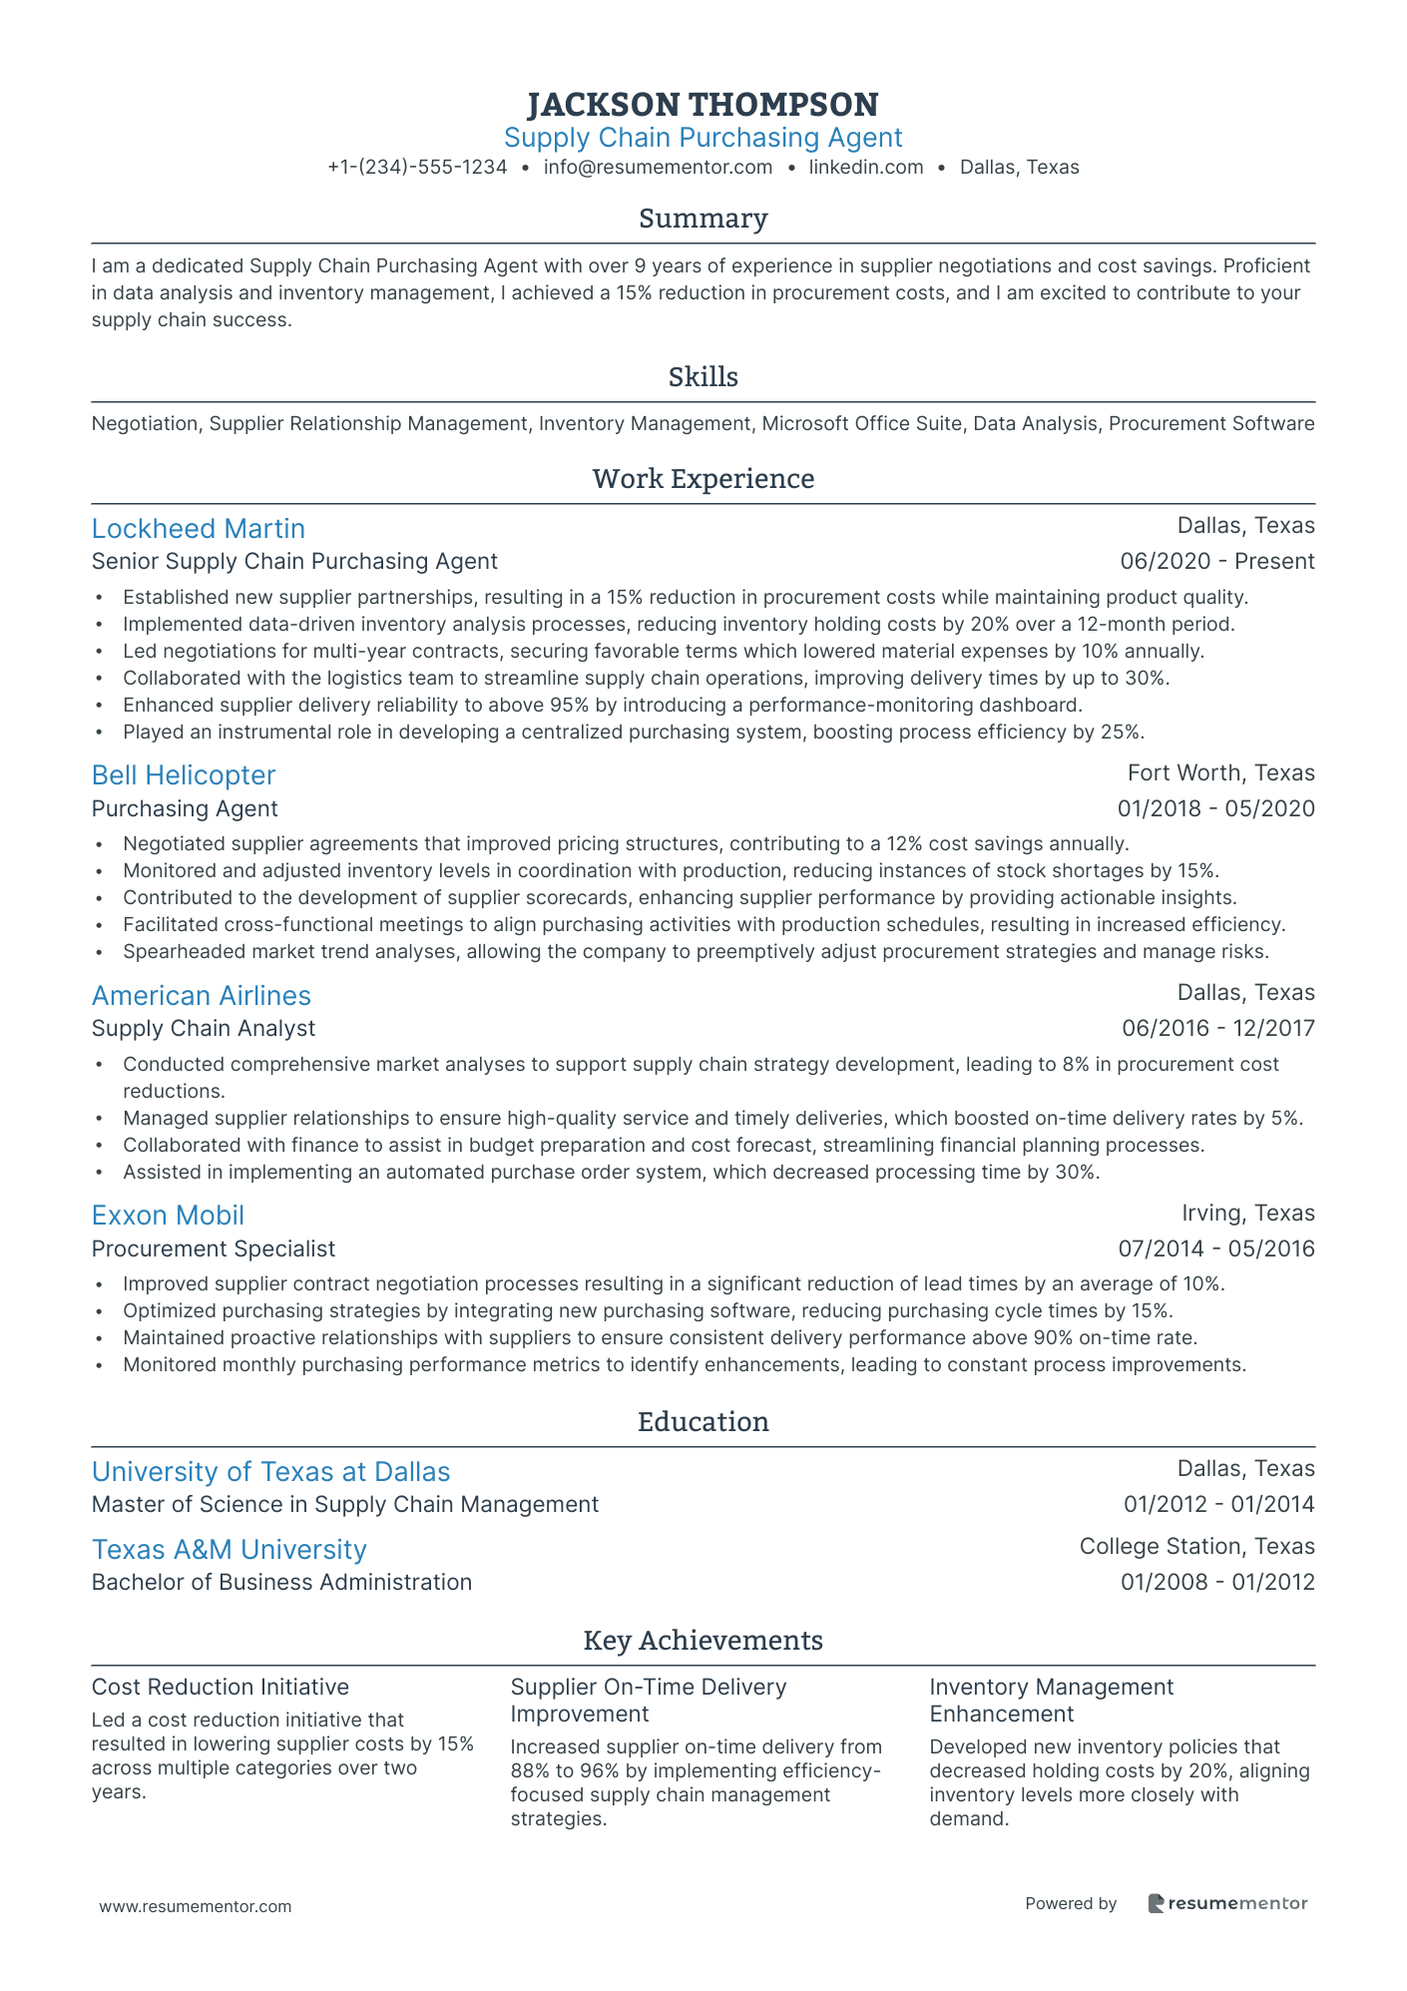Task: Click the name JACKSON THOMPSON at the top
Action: [x=703, y=104]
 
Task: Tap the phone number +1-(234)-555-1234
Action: [x=417, y=168]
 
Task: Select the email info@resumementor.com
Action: [x=658, y=168]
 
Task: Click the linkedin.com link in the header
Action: [x=865, y=168]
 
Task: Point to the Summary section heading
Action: [x=703, y=219]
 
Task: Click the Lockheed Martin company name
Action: [x=198, y=529]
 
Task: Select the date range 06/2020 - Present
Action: [x=1216, y=562]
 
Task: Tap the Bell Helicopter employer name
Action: [x=183, y=775]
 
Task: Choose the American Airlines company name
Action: [x=201, y=996]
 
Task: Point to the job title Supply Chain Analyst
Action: [x=203, y=1029]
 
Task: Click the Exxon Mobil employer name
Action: [x=168, y=1216]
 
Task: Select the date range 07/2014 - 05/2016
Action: [x=1215, y=1248]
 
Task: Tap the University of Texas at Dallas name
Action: [x=270, y=1472]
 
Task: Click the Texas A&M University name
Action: [x=229, y=1550]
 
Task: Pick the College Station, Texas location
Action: [x=1196, y=1547]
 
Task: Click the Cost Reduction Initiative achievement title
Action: [x=220, y=1688]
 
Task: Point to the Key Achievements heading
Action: [x=703, y=1641]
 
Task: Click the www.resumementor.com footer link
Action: [x=196, y=1906]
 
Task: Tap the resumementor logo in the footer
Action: [x=1226, y=1903]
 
